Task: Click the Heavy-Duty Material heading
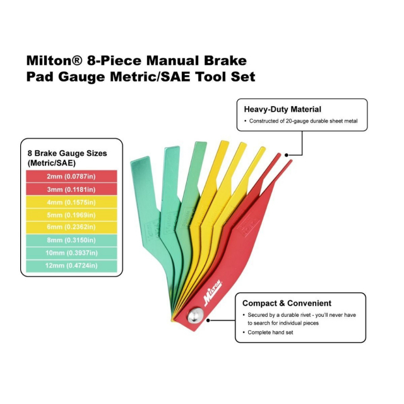pos(283,109)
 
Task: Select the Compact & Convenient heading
pos(287,303)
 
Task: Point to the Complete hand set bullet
pos(270,333)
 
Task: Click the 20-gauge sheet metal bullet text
pos(303,121)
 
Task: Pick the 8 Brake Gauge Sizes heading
pos(67,153)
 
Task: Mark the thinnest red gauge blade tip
pos(289,163)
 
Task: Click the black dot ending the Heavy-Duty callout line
pos(286,154)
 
